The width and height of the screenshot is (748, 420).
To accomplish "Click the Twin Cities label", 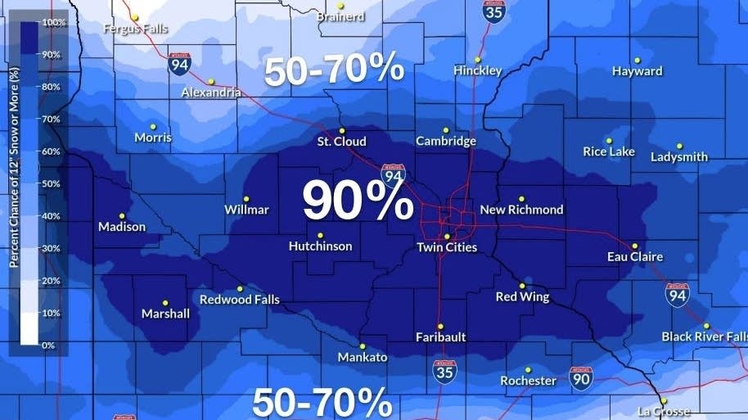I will (x=446, y=247).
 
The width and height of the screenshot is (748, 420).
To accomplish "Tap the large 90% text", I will (x=358, y=201).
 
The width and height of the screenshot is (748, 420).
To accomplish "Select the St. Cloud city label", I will (x=341, y=142).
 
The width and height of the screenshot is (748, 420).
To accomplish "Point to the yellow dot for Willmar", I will (x=246, y=198).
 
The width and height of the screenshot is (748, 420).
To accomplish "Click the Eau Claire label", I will (x=634, y=257).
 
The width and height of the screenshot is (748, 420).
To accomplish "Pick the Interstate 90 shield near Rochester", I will (x=581, y=377).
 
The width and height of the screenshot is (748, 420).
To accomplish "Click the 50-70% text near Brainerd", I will (x=334, y=69).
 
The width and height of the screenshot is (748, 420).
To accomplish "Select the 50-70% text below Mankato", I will (x=322, y=403).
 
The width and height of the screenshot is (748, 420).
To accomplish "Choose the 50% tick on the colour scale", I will (x=51, y=183).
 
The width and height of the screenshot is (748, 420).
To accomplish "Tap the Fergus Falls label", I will (x=135, y=29).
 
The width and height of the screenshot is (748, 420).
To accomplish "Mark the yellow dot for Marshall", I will (x=165, y=302).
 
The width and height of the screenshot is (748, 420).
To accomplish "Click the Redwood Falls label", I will (x=239, y=300).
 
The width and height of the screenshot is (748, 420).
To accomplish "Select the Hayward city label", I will (x=637, y=71).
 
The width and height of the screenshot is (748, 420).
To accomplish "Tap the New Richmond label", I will (x=521, y=210).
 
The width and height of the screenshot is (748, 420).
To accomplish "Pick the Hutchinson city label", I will (x=320, y=246).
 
